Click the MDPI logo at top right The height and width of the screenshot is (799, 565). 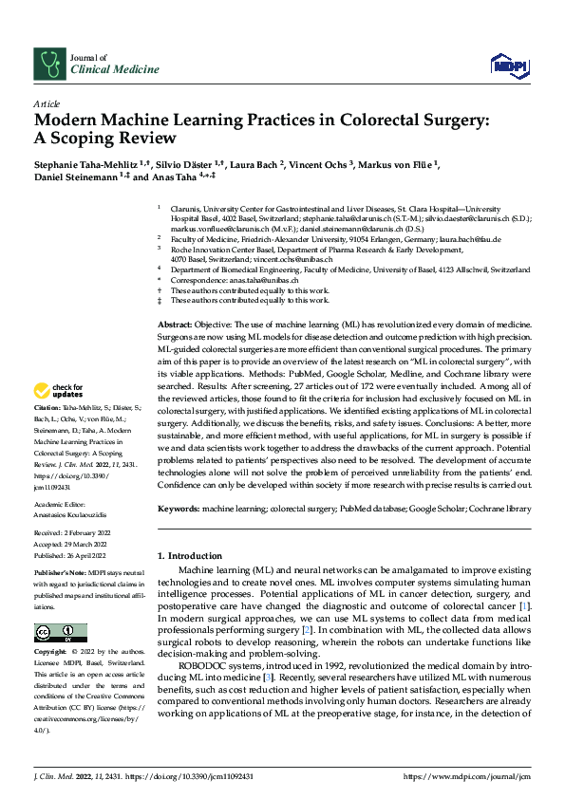pyautogui.click(x=508, y=63)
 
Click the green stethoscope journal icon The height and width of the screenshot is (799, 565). pyautogui.click(x=47, y=64)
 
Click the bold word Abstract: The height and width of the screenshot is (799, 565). pyautogui.click(x=177, y=325)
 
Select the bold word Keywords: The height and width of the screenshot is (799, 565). pyautogui.click(x=179, y=509)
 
